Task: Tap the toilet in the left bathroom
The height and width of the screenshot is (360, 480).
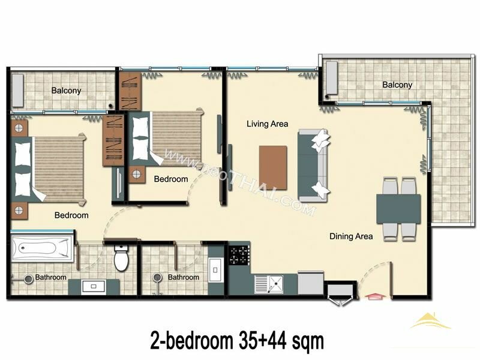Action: pos(121,258)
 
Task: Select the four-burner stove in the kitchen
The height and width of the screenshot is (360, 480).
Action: pos(239,256)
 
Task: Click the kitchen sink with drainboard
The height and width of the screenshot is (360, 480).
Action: pos(269,284)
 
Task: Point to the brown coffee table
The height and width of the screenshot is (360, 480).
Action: pos(273,168)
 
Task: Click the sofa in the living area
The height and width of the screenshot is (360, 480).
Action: pos(313,166)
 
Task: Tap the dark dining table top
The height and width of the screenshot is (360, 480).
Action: pos(398,209)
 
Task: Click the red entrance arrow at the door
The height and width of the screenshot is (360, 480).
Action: pos(376,296)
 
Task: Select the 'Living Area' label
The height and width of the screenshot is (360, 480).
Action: pos(267,124)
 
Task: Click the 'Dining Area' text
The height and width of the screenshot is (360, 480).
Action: pos(351,236)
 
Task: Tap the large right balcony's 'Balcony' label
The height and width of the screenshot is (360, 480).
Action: pos(397,85)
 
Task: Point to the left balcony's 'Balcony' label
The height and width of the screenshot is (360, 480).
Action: pos(66,91)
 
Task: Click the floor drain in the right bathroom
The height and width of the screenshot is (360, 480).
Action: pos(157,277)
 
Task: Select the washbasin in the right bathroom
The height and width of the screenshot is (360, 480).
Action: pos(215,270)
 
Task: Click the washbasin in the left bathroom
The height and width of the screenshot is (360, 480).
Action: pos(94,287)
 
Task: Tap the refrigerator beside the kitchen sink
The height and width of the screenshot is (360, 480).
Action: pos(310,283)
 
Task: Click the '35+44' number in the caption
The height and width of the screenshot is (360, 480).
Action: pos(260,341)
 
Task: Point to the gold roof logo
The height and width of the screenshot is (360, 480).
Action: pos(430,321)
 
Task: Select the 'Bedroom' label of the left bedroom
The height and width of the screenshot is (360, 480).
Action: pos(71,215)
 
